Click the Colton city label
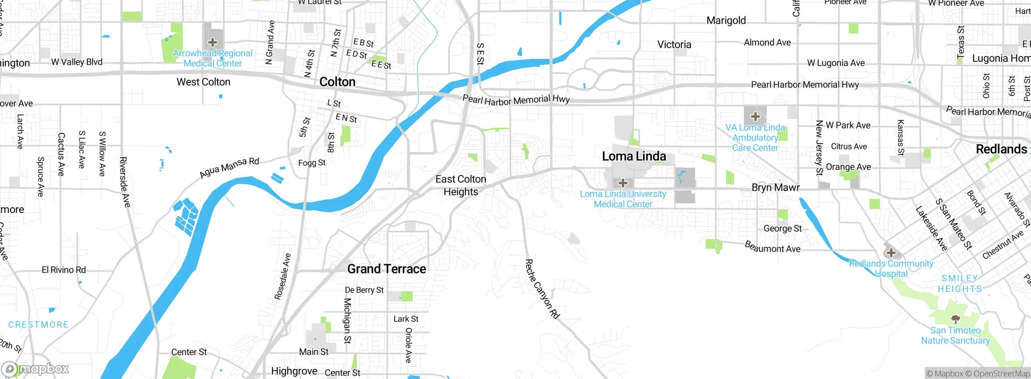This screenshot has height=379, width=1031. [x=337, y=82]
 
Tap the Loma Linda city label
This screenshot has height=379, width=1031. [x=634, y=156]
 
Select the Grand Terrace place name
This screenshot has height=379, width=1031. [x=386, y=269]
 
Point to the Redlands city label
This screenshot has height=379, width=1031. [x=1001, y=149]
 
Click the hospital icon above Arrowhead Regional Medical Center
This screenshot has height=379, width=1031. [x=213, y=42]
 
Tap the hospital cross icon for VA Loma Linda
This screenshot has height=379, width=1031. [x=755, y=117]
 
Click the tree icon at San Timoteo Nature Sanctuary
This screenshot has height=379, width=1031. [x=955, y=319]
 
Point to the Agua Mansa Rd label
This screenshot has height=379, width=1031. [x=229, y=168]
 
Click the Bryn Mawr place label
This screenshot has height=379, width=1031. [x=775, y=187]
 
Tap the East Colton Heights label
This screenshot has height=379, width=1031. [x=461, y=185]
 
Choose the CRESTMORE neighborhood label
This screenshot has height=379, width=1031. [x=38, y=325]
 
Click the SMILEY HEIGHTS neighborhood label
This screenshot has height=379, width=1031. [x=959, y=284]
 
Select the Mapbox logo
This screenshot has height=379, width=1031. [x=35, y=369]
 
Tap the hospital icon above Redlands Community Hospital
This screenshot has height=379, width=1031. [x=891, y=253]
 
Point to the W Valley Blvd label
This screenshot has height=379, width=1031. [x=77, y=62]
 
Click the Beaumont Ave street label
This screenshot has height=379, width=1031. [x=772, y=247]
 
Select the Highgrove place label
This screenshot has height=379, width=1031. [x=294, y=371]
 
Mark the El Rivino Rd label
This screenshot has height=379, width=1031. [x=64, y=270]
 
